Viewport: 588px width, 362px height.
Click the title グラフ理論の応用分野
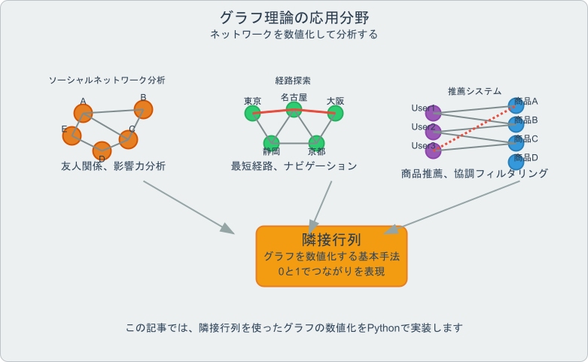pyautogui.click(x=294, y=17)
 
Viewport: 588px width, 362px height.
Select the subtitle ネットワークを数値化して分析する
pyautogui.click(x=294, y=35)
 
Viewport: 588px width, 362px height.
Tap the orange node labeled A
pyautogui.click(x=83, y=114)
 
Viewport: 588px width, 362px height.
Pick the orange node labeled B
pyautogui.click(x=143, y=109)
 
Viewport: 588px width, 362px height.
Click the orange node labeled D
pyautogui.click(x=102, y=151)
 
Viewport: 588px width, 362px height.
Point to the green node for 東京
pyautogui.click(x=252, y=113)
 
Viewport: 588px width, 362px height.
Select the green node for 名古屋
pyautogui.click(x=294, y=109)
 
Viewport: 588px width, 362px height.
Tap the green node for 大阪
pyautogui.click(x=335, y=113)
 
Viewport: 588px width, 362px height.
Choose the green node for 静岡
pyautogui.click(x=271, y=142)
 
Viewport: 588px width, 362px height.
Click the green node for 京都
pyautogui.click(x=316, y=142)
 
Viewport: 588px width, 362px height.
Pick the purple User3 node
pyautogui.click(x=433, y=151)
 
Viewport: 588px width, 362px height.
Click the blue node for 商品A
pyautogui.click(x=516, y=105)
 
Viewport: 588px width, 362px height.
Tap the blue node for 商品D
pyautogui.click(x=516, y=161)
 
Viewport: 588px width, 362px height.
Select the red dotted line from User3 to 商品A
pyautogui.click(x=474, y=128)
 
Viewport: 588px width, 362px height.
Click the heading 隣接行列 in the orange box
pyautogui.click(x=331, y=239)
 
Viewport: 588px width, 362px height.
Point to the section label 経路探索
pyautogui.click(x=294, y=80)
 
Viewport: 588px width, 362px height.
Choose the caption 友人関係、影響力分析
pyautogui.click(x=113, y=166)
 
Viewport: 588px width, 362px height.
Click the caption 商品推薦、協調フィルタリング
pyautogui.click(x=474, y=173)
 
